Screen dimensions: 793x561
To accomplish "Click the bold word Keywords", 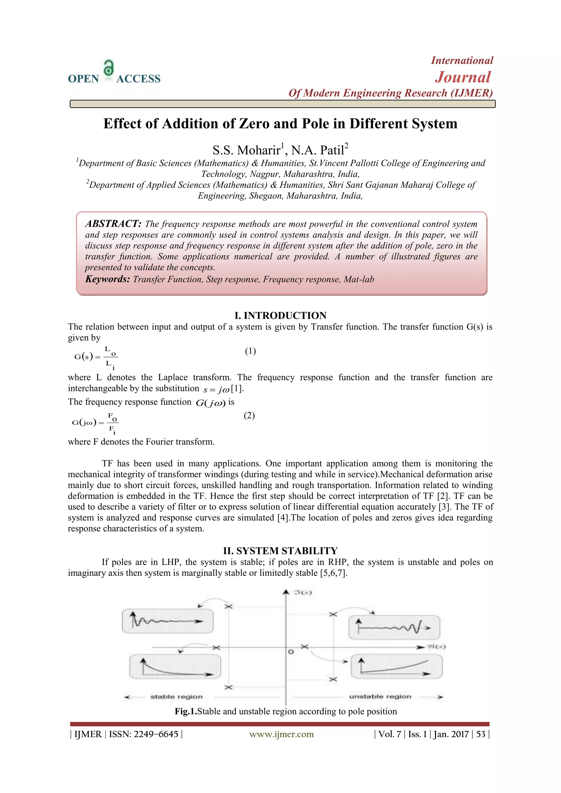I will [x=107, y=279].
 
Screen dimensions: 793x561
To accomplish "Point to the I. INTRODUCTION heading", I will [x=280, y=315].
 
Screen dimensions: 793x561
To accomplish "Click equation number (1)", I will [x=250, y=351].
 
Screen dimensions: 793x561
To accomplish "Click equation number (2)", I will [x=249, y=415].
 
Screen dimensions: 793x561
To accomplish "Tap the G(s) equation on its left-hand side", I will [x=84, y=357].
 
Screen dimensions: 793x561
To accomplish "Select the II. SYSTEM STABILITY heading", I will [x=280, y=551].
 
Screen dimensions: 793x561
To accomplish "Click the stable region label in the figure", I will [x=176, y=697].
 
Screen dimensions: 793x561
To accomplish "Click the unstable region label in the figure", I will [x=380, y=697].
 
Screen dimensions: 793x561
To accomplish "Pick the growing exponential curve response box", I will [x=396, y=666].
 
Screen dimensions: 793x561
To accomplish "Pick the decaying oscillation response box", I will [x=168, y=621].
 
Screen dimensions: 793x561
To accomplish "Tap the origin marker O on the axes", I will [x=291, y=652].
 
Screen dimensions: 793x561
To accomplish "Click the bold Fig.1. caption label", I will [x=185, y=711].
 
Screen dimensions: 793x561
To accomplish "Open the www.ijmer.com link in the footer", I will [x=281, y=734].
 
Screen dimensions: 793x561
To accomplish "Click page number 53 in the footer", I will [x=480, y=734].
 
